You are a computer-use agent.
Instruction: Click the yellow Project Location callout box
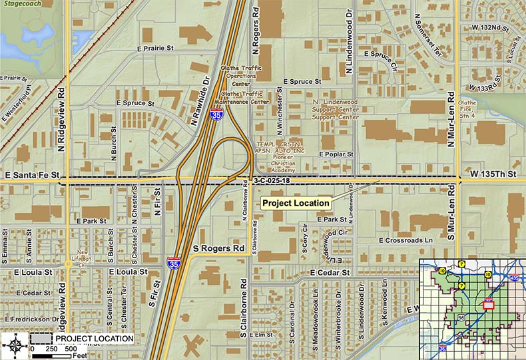[x=296, y=203]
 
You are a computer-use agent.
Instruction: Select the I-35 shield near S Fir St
[x=173, y=262]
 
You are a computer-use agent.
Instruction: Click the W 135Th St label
[x=493, y=174]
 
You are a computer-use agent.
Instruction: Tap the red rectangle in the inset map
[x=488, y=303]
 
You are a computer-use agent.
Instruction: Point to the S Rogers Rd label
[x=220, y=249]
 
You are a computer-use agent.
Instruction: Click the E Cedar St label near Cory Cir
[x=330, y=272]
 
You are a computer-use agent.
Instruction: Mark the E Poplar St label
[x=339, y=154]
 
